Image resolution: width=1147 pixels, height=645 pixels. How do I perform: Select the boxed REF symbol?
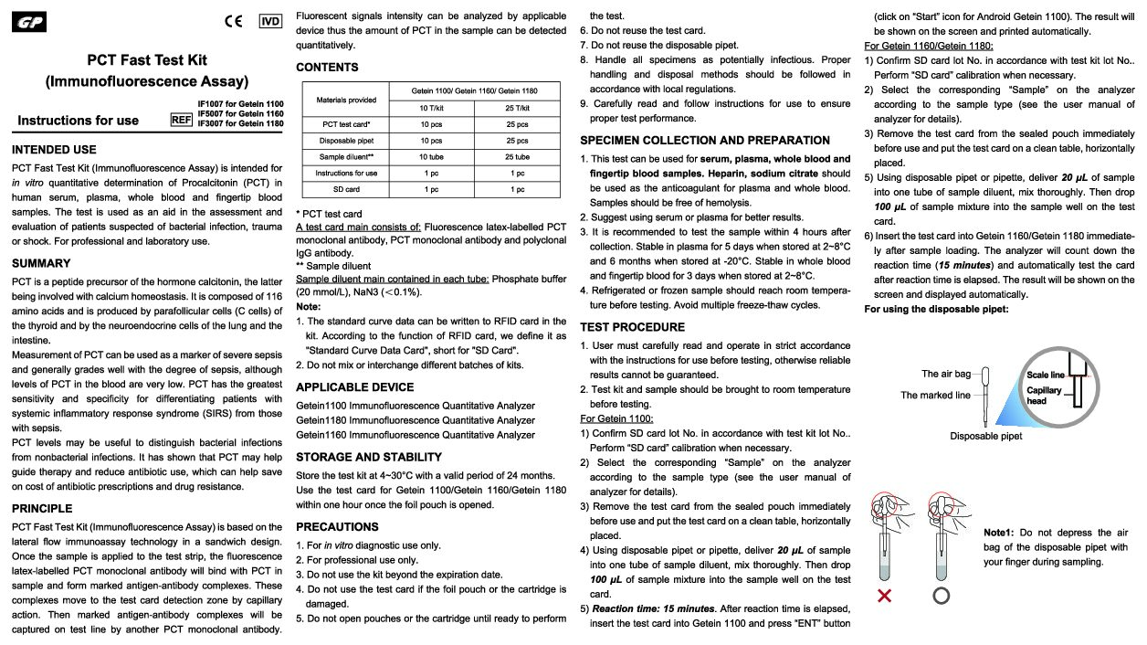(x=181, y=120)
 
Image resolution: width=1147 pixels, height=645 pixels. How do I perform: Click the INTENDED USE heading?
(x=54, y=149)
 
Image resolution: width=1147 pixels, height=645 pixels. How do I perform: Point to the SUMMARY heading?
(x=41, y=263)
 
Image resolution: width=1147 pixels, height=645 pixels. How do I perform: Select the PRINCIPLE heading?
(x=42, y=508)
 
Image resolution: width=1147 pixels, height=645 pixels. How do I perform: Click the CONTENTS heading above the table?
(x=327, y=67)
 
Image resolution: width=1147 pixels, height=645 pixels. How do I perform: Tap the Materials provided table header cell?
(x=346, y=100)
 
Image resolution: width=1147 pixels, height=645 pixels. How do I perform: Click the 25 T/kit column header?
(x=517, y=108)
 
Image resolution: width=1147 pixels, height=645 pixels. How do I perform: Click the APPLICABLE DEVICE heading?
(x=355, y=386)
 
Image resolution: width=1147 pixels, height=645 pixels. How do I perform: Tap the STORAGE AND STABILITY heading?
(x=369, y=457)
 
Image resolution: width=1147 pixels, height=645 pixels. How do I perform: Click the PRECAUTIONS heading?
(x=337, y=526)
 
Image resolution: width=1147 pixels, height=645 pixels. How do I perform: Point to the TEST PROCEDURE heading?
(x=632, y=327)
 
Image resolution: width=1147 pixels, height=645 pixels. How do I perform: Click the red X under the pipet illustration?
(x=885, y=596)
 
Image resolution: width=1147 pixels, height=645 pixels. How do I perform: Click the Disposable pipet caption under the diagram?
(x=985, y=436)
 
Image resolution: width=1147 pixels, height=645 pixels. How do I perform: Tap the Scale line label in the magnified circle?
(x=1045, y=375)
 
